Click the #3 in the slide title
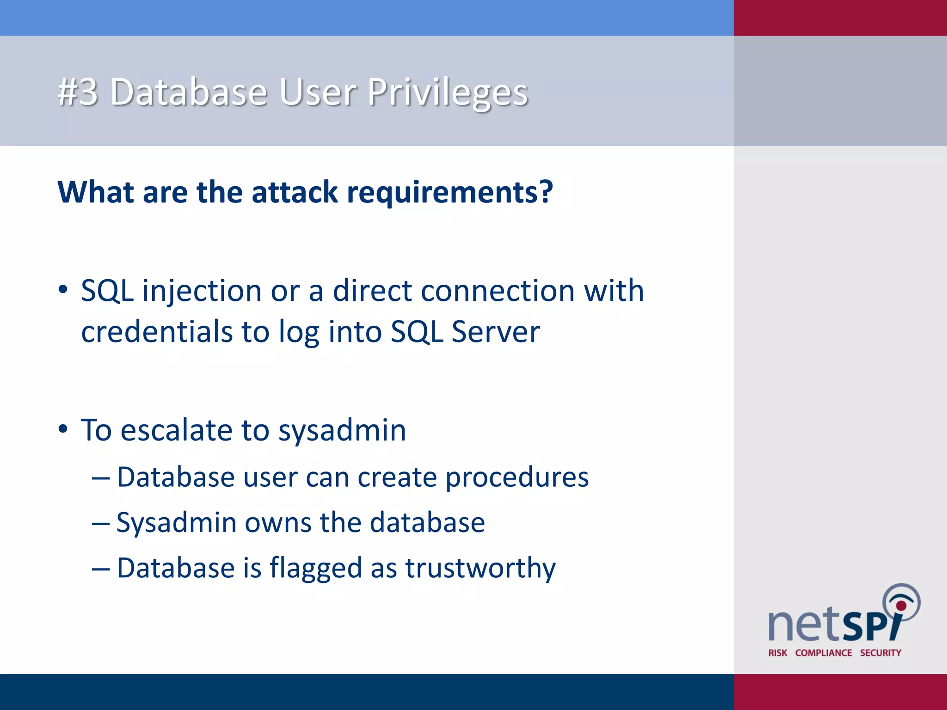(x=78, y=92)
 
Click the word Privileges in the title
(x=447, y=92)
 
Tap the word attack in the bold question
(x=295, y=192)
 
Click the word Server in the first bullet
(x=495, y=332)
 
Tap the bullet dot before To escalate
(x=63, y=429)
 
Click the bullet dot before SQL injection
(x=63, y=290)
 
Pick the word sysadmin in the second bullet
(x=342, y=431)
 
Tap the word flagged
(x=315, y=569)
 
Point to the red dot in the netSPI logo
(x=901, y=606)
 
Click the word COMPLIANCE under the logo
(x=823, y=653)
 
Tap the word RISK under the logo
(x=777, y=653)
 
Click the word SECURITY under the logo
(x=880, y=653)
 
